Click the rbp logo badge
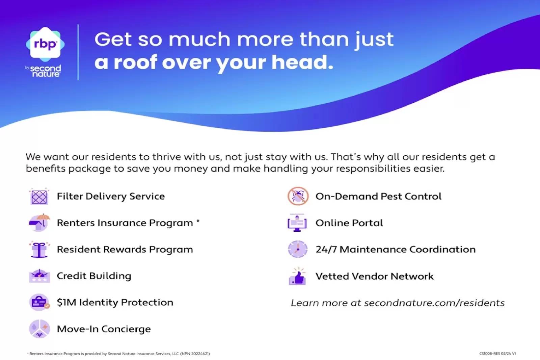pos(45,44)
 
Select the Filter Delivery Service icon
pos(39,197)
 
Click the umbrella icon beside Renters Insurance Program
pos(39,223)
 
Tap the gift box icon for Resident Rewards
pos(39,249)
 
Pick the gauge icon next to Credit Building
pos(39,276)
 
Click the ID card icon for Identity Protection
pos(39,302)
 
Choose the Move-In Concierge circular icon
pos(39,329)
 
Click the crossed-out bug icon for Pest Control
pos(298,196)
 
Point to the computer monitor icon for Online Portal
pos(297,223)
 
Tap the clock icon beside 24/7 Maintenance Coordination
pos(298,249)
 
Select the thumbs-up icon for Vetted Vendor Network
pos(297,276)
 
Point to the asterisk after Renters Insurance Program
pos(198,221)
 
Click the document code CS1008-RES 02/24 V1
pos(497,354)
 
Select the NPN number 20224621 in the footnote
pos(200,354)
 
